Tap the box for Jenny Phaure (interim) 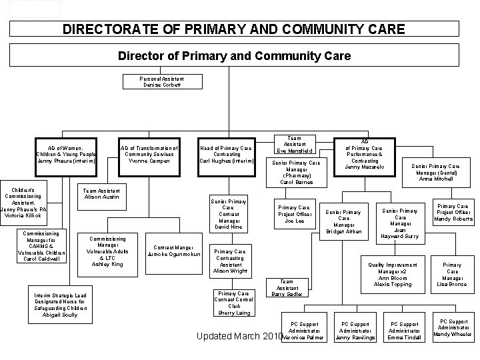click(67, 154)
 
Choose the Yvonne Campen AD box click(150, 154)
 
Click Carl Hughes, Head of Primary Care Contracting click(226, 155)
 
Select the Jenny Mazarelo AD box click(365, 153)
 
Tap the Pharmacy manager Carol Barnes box click(296, 172)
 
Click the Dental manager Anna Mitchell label click(435, 172)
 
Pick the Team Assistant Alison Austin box click(102, 193)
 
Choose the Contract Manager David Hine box click(228, 213)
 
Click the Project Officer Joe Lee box click(295, 213)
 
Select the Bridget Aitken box click(344, 221)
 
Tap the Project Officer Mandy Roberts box click(453, 212)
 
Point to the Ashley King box click(107, 251)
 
